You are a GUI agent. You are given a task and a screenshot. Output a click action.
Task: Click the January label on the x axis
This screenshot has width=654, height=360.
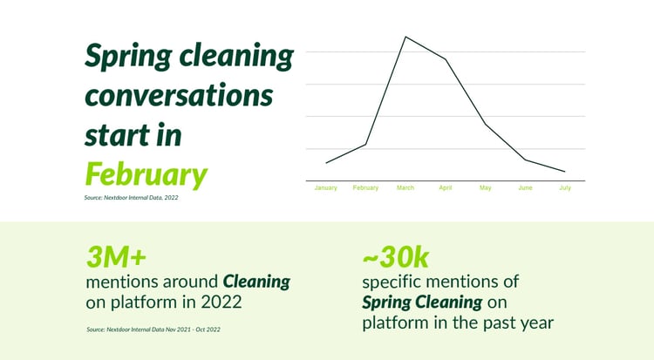(326, 187)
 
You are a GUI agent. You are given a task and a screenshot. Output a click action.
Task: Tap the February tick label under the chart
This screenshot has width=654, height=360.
(365, 187)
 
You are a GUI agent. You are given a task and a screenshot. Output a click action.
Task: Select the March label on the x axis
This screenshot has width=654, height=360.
(405, 187)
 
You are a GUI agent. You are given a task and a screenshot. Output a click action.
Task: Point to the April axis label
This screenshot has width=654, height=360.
(446, 187)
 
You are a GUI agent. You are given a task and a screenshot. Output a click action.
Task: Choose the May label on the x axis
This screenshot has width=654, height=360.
(485, 187)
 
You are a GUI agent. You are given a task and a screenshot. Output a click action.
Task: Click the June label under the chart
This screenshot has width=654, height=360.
(525, 187)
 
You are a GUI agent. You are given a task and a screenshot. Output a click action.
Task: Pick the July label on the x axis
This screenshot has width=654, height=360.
(565, 187)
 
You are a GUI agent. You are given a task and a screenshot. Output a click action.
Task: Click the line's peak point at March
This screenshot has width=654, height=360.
(405, 37)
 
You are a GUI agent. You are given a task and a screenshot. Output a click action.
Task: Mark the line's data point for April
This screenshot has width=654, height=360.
(446, 59)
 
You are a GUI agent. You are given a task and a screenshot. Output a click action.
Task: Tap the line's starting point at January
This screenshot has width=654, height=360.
(326, 163)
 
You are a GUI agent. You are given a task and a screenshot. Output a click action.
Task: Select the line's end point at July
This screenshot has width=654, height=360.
(565, 172)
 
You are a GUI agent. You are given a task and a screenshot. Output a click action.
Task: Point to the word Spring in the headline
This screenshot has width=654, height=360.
(128, 57)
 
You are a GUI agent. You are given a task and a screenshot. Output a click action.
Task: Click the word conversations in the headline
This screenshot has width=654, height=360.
(179, 96)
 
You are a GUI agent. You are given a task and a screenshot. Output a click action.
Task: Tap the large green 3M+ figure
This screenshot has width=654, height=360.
(116, 256)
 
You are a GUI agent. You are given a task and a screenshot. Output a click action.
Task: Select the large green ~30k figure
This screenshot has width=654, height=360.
(395, 256)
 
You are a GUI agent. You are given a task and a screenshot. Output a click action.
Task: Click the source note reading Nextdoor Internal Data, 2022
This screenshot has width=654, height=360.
(131, 198)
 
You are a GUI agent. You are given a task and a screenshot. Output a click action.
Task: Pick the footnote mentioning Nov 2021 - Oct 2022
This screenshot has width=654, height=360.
(153, 329)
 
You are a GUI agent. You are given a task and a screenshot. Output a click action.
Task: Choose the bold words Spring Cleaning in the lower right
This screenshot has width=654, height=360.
(422, 302)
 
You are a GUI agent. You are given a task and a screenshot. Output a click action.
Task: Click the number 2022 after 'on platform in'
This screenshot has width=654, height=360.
(221, 302)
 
